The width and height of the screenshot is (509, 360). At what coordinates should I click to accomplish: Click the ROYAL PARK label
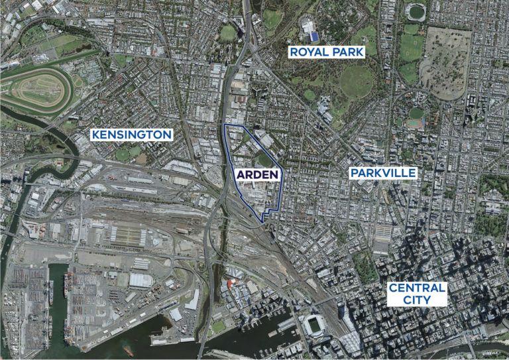325,51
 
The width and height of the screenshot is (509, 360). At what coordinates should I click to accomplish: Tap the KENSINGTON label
131,135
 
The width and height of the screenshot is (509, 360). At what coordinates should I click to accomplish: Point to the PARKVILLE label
383,173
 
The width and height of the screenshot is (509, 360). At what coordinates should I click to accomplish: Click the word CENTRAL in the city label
417,288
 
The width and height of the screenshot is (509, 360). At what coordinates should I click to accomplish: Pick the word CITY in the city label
417,301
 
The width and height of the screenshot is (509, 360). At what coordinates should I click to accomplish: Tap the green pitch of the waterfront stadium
311,326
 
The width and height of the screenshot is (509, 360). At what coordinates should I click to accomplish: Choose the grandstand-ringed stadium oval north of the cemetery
416,11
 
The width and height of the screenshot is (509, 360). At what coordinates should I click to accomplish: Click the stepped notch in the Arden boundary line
264,215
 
